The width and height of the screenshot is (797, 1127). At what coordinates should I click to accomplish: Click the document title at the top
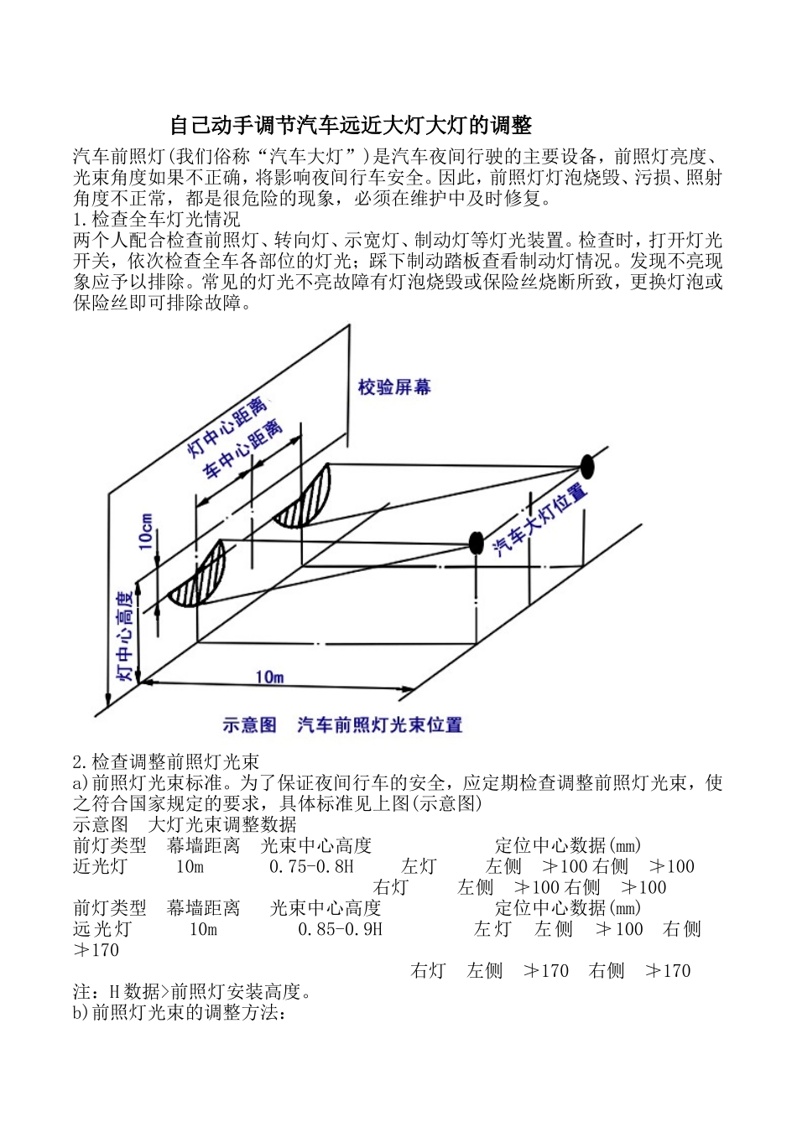(x=351, y=126)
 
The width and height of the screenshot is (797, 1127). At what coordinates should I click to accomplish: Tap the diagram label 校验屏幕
(x=393, y=387)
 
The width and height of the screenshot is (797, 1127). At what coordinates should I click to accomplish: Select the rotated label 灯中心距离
(x=226, y=427)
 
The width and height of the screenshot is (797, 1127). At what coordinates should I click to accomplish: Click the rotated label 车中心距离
(x=242, y=450)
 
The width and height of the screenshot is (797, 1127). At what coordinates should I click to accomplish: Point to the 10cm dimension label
(x=146, y=532)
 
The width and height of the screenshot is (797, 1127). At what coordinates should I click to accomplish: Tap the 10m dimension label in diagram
(x=269, y=677)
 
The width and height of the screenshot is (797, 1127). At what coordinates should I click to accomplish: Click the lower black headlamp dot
(x=476, y=543)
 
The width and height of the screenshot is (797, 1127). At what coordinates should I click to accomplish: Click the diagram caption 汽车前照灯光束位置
(x=379, y=724)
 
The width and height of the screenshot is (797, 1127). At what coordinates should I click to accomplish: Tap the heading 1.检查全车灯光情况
(x=156, y=220)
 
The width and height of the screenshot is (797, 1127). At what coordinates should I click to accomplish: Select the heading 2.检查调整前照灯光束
(x=165, y=762)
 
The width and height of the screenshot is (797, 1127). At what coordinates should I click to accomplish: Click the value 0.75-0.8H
(x=311, y=867)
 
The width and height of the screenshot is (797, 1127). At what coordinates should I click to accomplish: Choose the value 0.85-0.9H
(x=340, y=930)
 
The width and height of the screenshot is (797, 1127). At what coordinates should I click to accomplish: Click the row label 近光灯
(x=100, y=867)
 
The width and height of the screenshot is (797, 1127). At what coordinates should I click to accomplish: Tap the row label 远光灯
(x=102, y=930)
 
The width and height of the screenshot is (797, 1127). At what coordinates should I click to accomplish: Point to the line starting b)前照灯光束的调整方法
(x=180, y=1013)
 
